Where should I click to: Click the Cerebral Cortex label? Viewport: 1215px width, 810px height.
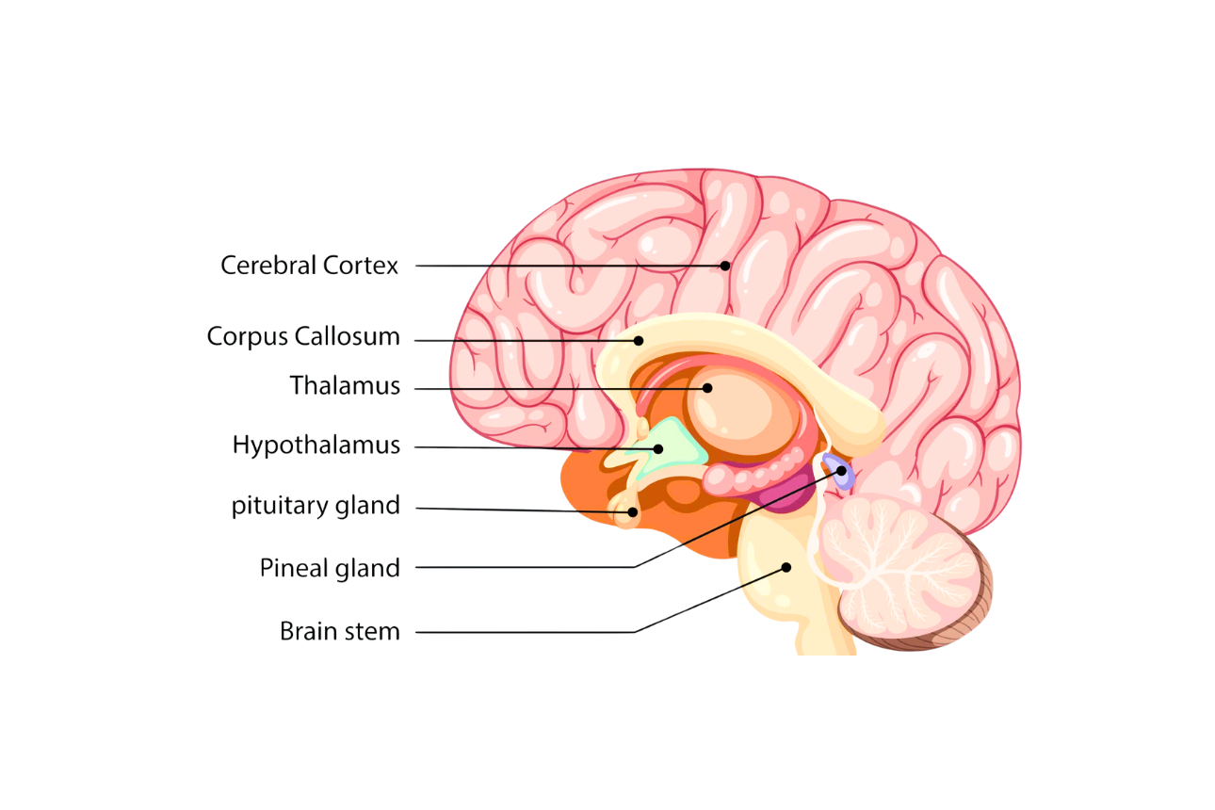tap(310, 266)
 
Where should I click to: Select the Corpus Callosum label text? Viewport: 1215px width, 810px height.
tap(303, 336)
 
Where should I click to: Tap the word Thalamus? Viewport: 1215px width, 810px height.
tap(345, 386)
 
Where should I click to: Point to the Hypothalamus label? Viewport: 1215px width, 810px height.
tap(316, 445)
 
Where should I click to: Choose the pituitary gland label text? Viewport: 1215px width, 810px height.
tap(316, 506)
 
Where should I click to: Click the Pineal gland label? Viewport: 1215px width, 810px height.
tap(330, 568)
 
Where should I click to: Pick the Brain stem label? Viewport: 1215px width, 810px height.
tap(340, 631)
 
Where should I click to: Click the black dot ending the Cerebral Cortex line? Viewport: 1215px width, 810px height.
tap(725, 266)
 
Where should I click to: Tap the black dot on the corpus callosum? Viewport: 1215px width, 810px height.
tap(639, 341)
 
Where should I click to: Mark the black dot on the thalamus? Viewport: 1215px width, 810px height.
tap(707, 387)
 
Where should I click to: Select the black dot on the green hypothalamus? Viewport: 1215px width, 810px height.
tap(659, 448)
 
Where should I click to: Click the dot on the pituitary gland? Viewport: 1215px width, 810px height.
tap(633, 512)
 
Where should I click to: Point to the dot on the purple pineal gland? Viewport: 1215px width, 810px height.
tap(841, 470)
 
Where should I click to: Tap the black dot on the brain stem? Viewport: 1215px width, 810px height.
tap(786, 567)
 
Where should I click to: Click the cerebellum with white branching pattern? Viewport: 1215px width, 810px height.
tap(904, 565)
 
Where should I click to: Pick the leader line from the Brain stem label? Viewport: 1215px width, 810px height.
tap(527, 631)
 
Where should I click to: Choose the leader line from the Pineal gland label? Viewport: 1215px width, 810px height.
tap(527, 567)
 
